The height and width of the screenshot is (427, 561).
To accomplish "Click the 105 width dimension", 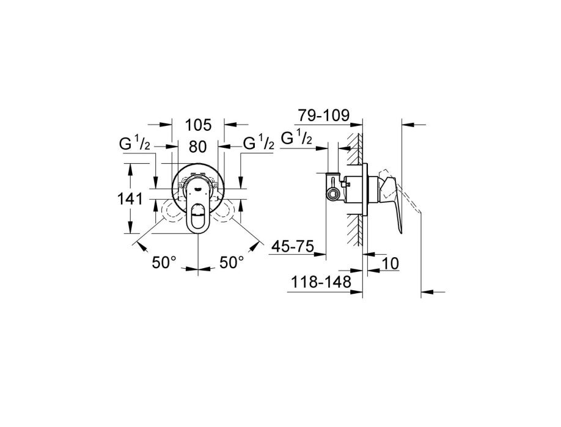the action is click(199, 125).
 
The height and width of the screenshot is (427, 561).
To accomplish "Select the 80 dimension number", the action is click(198, 146).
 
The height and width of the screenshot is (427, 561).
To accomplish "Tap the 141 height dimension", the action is click(130, 199).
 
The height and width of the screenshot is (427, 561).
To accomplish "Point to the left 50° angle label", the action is click(164, 263).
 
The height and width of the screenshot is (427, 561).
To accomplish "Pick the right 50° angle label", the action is click(232, 263).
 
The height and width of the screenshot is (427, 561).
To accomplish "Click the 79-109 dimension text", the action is click(324, 115).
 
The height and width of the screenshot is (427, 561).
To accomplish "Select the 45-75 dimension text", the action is click(293, 246).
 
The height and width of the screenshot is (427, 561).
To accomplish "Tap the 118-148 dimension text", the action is click(321, 282).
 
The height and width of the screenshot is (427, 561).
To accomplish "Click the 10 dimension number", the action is click(391, 263).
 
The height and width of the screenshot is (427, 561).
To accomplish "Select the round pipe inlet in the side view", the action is click(333, 194).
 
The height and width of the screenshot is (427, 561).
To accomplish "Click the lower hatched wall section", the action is click(354, 230).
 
